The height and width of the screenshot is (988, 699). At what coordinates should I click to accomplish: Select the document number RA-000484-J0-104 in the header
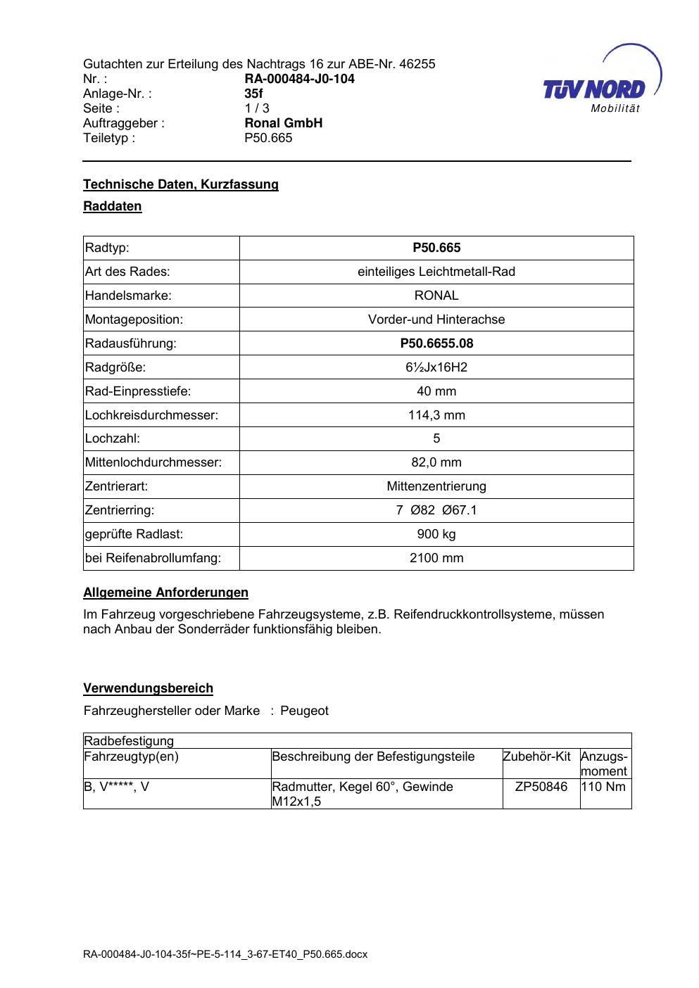point(299,79)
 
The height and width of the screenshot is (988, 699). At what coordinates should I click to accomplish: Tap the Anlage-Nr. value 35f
point(253,94)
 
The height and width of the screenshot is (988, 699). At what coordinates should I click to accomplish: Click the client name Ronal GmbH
point(283,123)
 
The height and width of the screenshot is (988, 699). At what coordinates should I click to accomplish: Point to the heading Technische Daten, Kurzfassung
point(181,184)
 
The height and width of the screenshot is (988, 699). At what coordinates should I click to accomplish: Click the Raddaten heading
point(113,206)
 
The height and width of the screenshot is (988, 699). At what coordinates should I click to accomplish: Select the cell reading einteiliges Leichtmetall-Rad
point(436,272)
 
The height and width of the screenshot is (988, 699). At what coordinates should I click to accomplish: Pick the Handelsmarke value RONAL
point(436,296)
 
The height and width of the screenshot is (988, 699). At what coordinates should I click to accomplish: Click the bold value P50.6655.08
point(436,343)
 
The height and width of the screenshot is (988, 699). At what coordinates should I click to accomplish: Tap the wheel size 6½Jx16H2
point(436,367)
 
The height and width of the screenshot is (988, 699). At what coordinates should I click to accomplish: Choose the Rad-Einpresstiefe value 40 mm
point(436,391)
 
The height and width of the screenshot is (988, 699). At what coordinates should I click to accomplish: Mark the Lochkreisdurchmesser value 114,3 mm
point(436,415)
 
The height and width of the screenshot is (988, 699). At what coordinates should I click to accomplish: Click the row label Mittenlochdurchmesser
point(153,462)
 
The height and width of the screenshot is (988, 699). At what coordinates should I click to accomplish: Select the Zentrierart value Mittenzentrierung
point(436,486)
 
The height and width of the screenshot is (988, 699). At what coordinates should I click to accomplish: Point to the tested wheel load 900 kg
point(436,534)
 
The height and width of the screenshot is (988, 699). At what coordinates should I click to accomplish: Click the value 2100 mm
point(436,558)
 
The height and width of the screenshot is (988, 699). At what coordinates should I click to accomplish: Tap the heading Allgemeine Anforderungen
point(165,593)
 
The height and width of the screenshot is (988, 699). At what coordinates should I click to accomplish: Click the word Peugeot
point(304,711)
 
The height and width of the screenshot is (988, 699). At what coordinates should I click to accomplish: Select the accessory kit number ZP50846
point(541,787)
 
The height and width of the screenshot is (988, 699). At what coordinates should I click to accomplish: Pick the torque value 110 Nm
point(605,787)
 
